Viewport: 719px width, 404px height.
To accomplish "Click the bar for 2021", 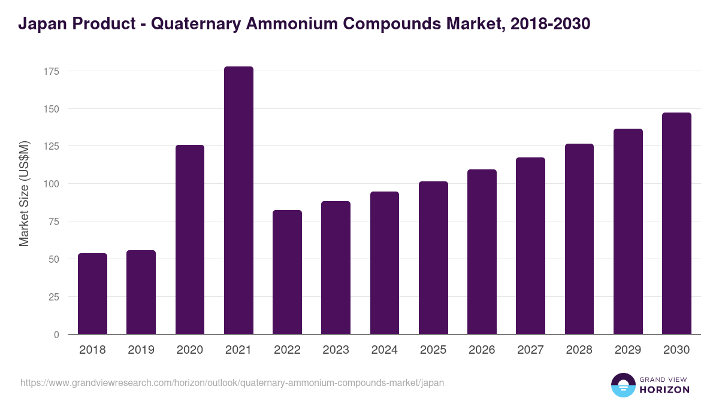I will [238, 201].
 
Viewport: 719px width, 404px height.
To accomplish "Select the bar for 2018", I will [92, 294].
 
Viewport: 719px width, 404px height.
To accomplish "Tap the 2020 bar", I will [189, 239].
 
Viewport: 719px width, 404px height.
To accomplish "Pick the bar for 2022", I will [287, 272].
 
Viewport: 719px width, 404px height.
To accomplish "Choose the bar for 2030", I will [676, 223].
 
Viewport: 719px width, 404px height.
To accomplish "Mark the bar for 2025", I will [433, 258].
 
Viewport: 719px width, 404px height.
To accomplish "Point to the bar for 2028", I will [579, 239].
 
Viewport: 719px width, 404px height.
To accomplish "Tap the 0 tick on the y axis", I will [56, 335].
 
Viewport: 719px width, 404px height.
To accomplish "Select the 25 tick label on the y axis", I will [54, 297].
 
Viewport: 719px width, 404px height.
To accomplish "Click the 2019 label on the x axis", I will [141, 350].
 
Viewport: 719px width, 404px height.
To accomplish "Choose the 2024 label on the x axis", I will [384, 350].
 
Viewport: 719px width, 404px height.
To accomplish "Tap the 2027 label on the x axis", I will [530, 350].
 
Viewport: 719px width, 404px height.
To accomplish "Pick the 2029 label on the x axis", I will [628, 350].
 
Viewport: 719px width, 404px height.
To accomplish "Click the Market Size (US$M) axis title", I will [24, 193].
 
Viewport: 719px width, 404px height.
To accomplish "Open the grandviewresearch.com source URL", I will [232, 382].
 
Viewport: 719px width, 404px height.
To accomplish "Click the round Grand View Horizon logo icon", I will [623, 385].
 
